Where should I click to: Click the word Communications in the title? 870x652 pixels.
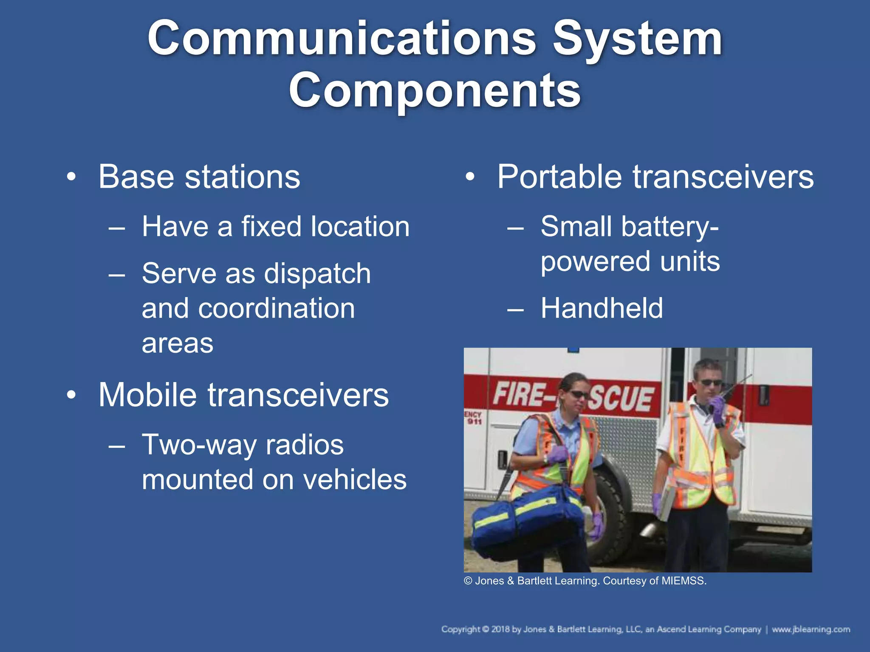[x=342, y=39]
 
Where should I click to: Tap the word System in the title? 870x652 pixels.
[x=637, y=39]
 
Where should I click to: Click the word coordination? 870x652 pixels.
[x=276, y=308]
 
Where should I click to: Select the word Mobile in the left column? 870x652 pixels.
[x=147, y=395]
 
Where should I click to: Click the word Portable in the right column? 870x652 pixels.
[x=559, y=177]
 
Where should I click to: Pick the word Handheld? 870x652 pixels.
[x=602, y=308]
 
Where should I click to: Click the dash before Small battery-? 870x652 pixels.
[x=515, y=228]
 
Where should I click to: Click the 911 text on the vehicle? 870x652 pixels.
[x=474, y=421]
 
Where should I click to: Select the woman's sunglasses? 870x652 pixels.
[x=578, y=395]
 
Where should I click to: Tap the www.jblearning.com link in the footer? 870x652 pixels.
[x=811, y=629]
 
